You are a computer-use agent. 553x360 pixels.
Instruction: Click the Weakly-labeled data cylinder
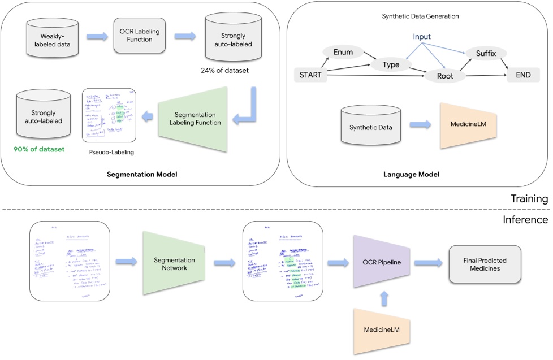click(47, 38)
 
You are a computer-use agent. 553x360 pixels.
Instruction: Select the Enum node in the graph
click(343, 53)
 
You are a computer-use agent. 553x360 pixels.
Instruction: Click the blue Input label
click(421, 37)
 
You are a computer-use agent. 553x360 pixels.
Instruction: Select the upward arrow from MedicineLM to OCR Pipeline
click(383, 297)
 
